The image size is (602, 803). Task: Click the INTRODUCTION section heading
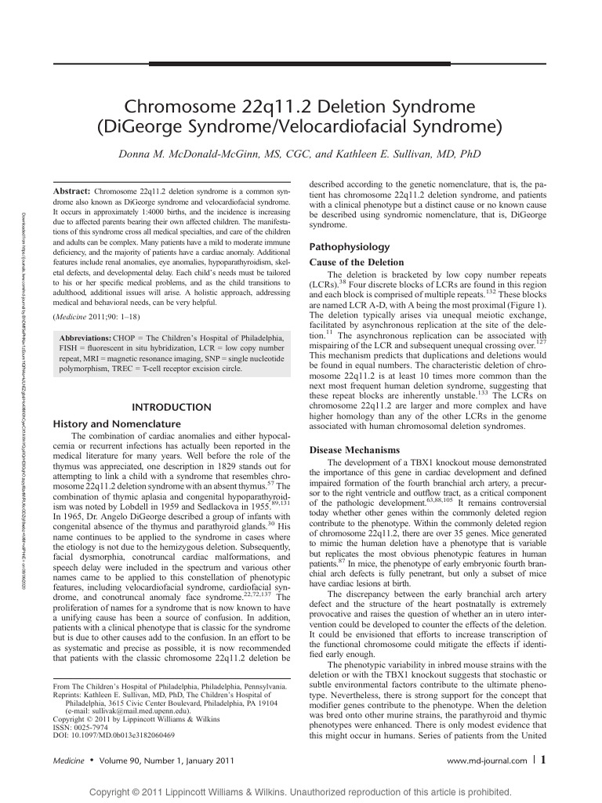coord(170,407)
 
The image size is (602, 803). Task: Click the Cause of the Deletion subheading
coord(357,262)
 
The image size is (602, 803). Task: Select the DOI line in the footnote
coord(113,736)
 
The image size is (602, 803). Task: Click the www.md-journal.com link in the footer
coord(485,761)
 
